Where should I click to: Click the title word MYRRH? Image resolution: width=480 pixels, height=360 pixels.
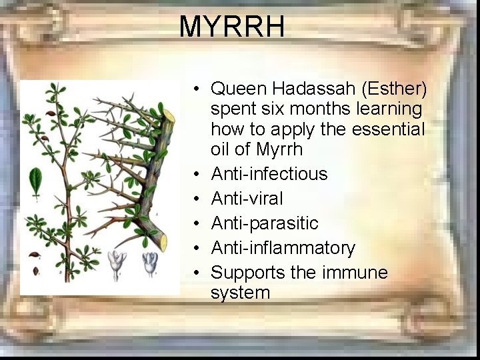pos(231,27)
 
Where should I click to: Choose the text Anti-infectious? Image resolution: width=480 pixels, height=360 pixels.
pos(269,174)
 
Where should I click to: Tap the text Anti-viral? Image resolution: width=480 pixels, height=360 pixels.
pos(247,199)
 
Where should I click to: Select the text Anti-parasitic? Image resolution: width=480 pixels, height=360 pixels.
pos(265,223)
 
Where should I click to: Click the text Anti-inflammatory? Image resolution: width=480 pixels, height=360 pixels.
pos(283,248)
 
